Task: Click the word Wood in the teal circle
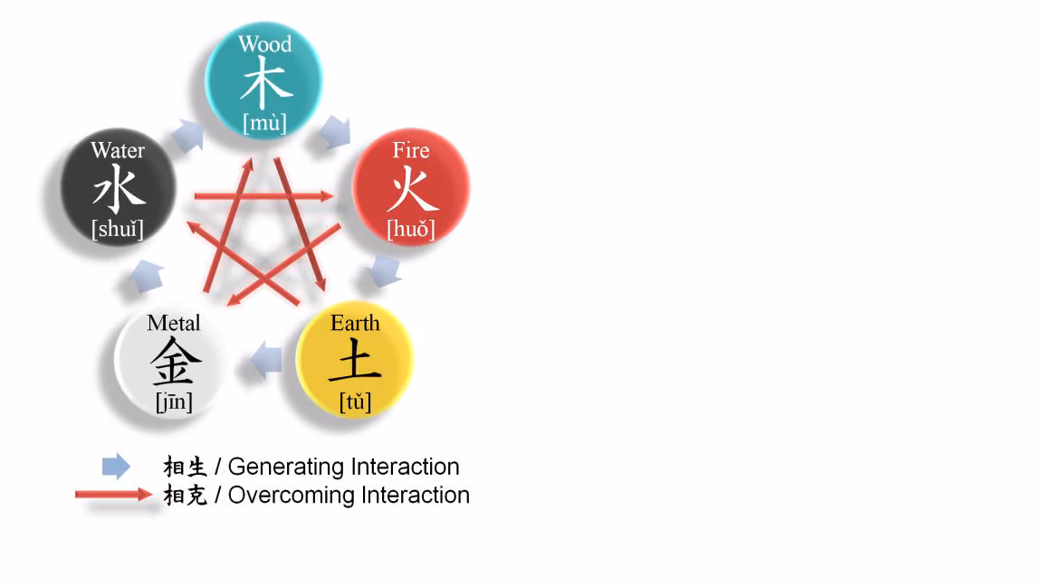point(264,43)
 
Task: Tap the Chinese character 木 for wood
point(266,82)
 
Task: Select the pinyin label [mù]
point(264,124)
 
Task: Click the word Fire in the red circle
point(410,150)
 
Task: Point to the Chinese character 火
point(413,189)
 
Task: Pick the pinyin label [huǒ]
point(411,229)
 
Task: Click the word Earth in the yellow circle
point(355,323)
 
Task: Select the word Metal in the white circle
point(174,323)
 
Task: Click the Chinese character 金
point(176,361)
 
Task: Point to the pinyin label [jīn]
point(174,402)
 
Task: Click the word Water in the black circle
point(118,150)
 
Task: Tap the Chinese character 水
point(120,189)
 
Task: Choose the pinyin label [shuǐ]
point(118,229)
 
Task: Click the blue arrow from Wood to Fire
point(335,131)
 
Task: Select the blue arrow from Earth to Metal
point(266,361)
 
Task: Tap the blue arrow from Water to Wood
point(188,135)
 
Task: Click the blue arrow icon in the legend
point(117,467)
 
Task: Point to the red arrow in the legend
point(114,494)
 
